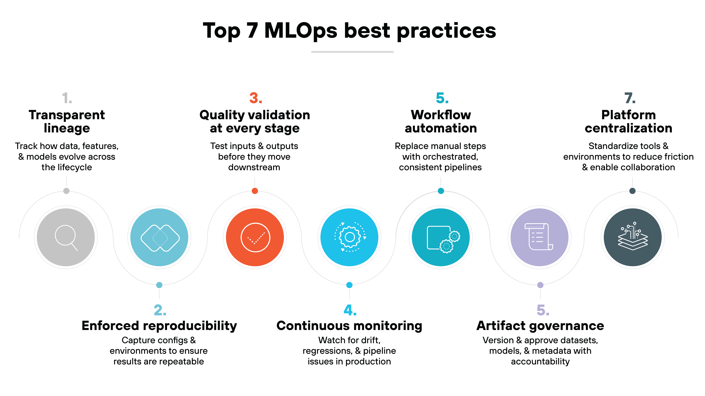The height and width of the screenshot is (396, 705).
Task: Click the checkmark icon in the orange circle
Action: pos(255,237)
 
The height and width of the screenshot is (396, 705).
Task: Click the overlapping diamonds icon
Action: pos(160,238)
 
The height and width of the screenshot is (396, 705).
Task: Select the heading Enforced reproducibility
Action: pos(159,326)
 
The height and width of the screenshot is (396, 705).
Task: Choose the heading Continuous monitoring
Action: pos(349,326)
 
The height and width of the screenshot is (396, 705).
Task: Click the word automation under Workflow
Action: pos(441,128)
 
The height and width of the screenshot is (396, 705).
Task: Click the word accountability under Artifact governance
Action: pos(540,362)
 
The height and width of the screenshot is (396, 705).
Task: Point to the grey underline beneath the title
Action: pos(352,52)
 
